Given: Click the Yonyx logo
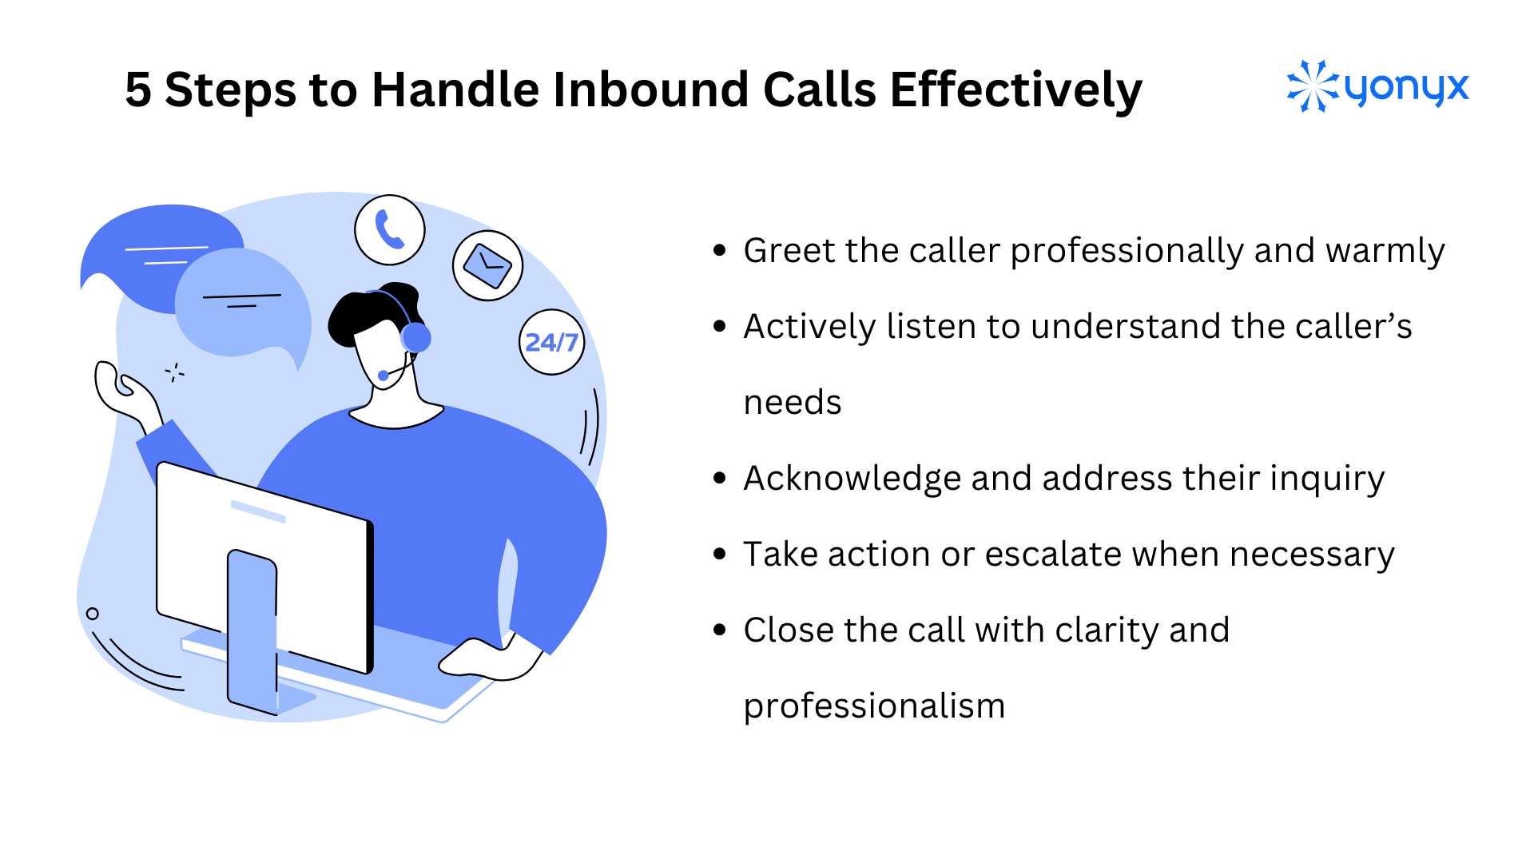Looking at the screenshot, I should coord(1377,86).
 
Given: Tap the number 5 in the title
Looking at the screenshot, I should coord(138,89).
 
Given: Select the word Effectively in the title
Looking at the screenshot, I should coord(1015,89).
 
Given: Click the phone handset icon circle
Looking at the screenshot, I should coord(390,230).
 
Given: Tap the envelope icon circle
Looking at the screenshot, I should coord(487,265).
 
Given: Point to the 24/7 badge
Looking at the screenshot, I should coord(551,342).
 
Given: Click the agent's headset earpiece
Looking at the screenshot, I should coord(416,337).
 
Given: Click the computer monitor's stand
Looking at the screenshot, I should coord(252,631).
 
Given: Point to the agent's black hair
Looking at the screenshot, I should coord(360,312).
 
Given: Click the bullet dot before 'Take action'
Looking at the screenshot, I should coord(720,554).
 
